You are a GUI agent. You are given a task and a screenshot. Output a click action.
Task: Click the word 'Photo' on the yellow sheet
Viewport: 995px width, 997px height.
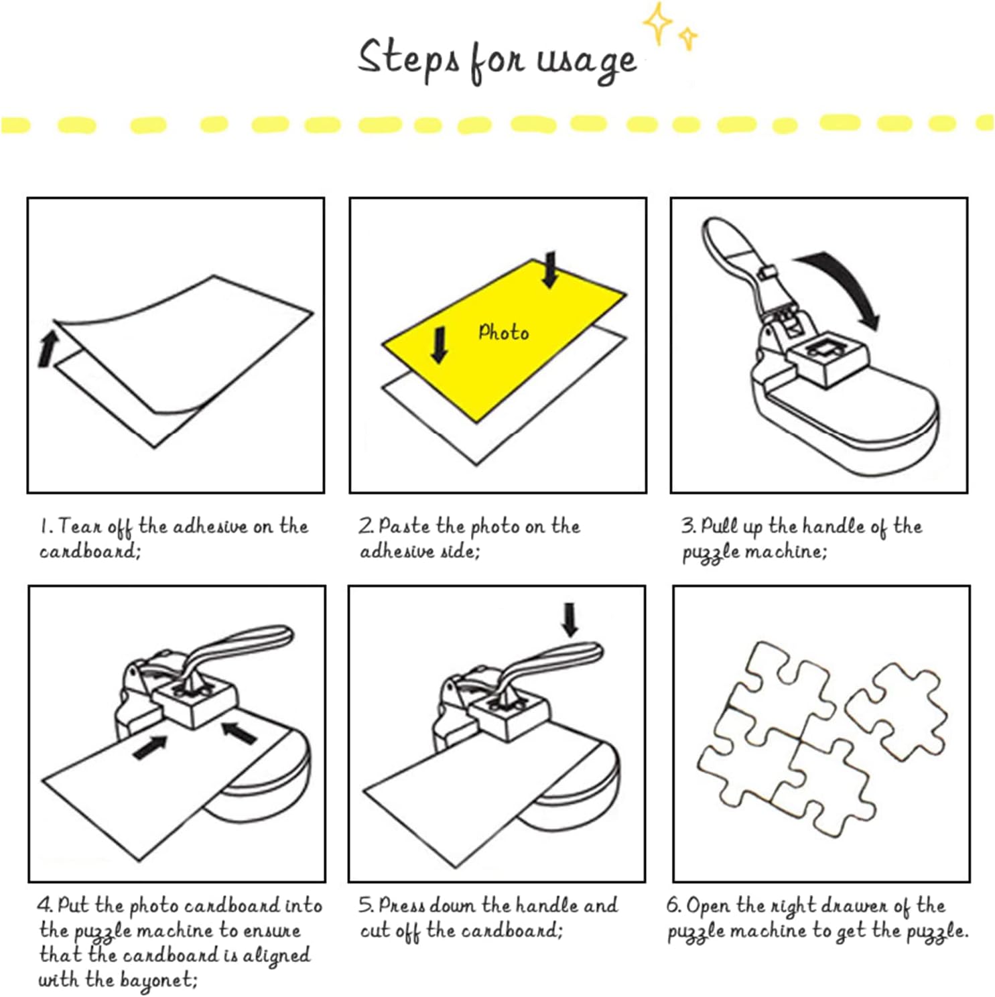503,332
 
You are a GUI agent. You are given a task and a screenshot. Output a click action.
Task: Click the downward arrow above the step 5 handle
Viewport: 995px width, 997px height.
570,619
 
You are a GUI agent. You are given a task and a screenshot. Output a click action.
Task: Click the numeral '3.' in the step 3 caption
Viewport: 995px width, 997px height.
689,525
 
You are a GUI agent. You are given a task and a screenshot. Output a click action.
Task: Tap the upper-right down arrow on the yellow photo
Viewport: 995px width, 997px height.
550,269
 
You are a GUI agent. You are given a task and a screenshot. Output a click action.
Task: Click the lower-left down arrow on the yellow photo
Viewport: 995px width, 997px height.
440,344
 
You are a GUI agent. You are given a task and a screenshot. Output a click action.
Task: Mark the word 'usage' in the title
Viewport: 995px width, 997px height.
586,62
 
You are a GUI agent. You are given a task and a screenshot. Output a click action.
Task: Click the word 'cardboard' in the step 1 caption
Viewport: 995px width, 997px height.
90,551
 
